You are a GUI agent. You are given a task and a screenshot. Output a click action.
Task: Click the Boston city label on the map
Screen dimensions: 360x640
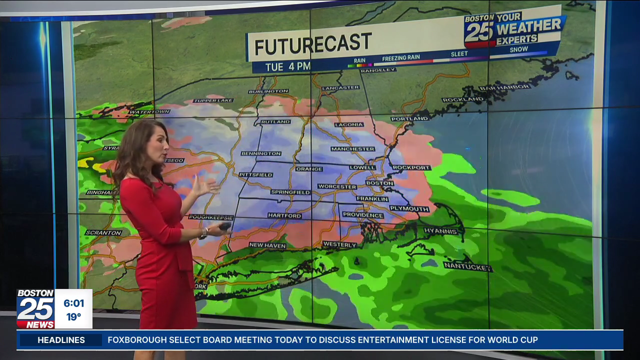[x=379, y=183]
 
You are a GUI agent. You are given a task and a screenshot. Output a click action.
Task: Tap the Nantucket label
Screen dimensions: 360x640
[x=467, y=266]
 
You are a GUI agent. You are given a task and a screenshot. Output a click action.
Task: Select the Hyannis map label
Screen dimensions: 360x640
[x=441, y=231]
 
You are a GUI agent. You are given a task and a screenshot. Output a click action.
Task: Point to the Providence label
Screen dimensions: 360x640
[x=363, y=215]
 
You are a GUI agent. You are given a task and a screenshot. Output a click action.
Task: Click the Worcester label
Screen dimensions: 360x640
[x=337, y=186]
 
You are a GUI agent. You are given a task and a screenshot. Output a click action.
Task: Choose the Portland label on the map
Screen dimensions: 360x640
[x=409, y=118]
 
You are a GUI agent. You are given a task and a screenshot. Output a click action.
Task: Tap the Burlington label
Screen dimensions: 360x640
[x=268, y=91]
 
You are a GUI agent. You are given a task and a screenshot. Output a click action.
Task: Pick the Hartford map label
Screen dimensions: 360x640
[x=284, y=215]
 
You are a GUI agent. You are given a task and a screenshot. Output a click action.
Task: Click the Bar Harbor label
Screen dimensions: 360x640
[x=504, y=87]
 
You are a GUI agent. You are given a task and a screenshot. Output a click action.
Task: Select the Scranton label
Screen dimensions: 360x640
[x=103, y=232]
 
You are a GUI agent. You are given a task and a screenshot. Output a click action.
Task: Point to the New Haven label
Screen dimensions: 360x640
[x=267, y=245]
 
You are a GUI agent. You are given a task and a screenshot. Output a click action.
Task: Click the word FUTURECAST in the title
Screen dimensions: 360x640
[x=313, y=44]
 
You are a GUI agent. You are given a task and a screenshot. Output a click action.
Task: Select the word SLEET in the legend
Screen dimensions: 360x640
[x=459, y=54]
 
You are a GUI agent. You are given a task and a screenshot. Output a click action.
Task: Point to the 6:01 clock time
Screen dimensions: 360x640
[x=73, y=303]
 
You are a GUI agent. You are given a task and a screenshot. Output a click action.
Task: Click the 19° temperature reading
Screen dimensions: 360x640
[x=73, y=316]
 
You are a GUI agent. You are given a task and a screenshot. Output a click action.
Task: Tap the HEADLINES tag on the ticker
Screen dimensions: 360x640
[x=61, y=340]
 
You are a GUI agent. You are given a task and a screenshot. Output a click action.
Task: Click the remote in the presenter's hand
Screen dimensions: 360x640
[x=224, y=226]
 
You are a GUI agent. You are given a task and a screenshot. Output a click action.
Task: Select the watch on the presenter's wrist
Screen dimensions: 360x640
[x=204, y=233]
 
